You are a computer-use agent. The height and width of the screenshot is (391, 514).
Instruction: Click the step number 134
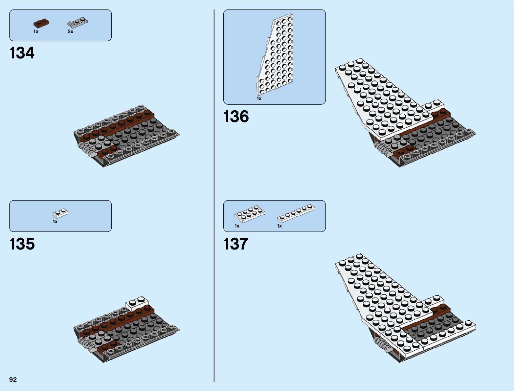click(22, 53)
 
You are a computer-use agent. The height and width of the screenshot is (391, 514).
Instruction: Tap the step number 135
click(22, 244)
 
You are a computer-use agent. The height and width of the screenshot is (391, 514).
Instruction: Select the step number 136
click(236, 117)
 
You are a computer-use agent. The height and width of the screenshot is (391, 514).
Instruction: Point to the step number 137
click(235, 244)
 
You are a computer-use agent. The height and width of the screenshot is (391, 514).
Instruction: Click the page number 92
click(13, 380)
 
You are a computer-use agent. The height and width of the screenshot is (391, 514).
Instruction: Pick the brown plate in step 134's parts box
click(41, 23)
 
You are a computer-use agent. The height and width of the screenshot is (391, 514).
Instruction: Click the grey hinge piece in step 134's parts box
click(78, 23)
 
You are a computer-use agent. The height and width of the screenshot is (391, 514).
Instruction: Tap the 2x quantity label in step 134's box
click(70, 32)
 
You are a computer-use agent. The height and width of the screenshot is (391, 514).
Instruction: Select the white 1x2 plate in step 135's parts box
click(60, 213)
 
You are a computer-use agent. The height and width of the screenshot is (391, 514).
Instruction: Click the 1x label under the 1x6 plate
click(279, 226)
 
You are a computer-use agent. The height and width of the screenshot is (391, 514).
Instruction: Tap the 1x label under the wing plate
click(259, 98)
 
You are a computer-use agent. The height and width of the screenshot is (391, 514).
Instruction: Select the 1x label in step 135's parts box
click(55, 222)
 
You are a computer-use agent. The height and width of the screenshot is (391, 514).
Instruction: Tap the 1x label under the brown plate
click(36, 32)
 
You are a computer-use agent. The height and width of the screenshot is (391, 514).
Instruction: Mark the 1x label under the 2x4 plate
click(237, 226)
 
